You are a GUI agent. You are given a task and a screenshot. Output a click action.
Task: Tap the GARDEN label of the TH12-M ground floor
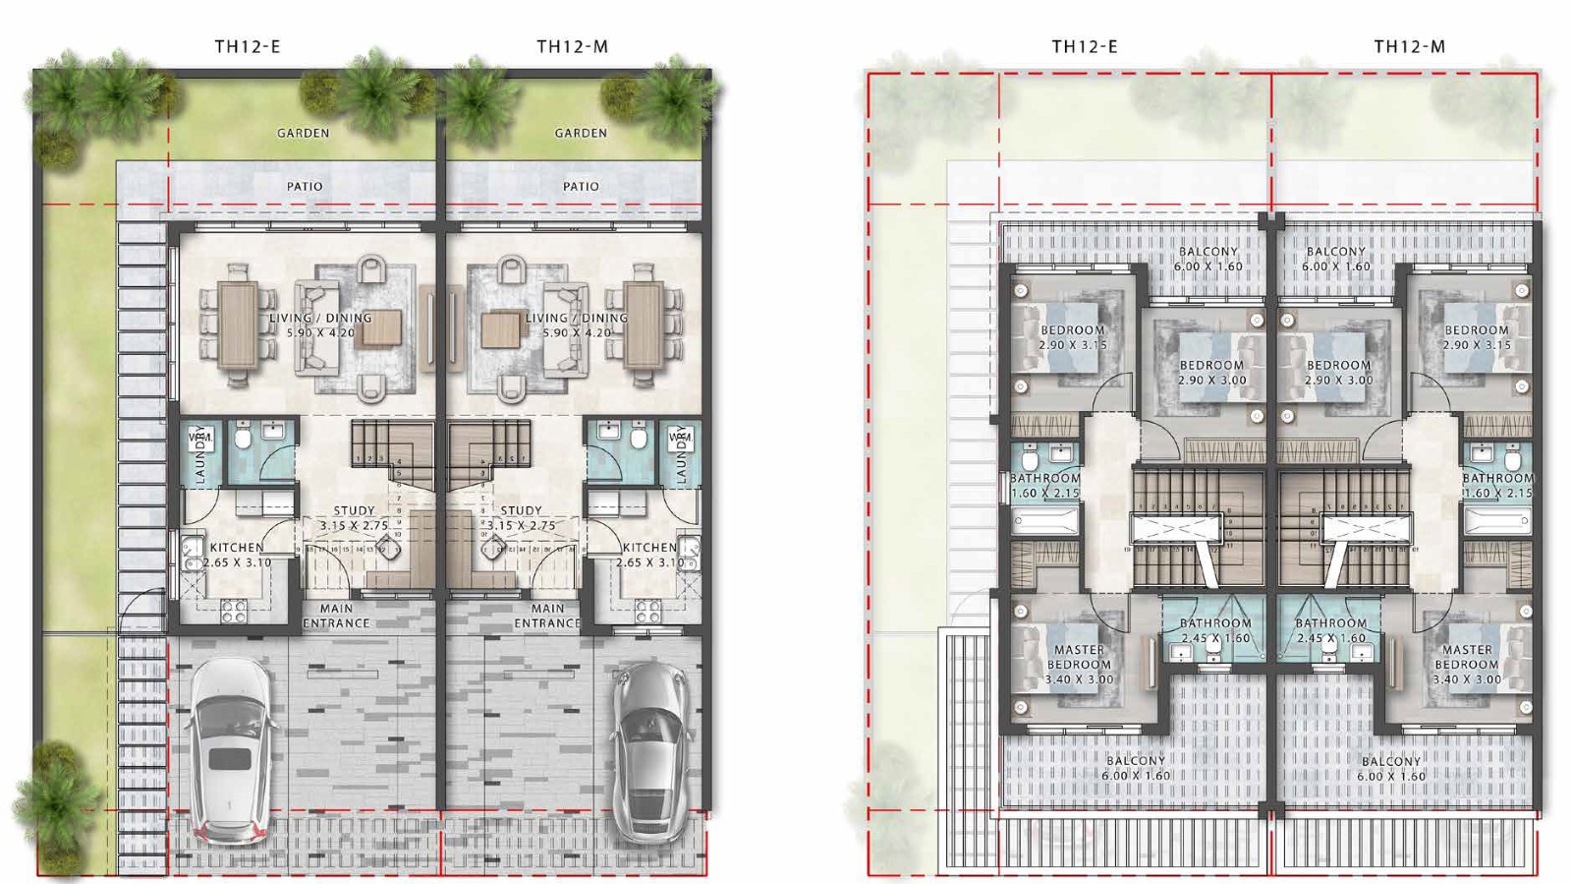click(581, 133)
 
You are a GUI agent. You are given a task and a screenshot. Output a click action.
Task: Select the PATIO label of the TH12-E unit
click(305, 186)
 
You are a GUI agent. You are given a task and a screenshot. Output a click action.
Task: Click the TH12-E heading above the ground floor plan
click(248, 46)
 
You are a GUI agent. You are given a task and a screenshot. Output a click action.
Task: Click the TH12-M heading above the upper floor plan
click(1409, 46)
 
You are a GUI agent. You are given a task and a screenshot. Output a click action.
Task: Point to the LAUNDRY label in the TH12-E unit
click(200, 455)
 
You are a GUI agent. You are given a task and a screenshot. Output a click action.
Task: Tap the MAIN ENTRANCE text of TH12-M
click(547, 616)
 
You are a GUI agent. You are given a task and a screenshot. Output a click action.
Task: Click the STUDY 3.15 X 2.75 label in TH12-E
click(354, 518)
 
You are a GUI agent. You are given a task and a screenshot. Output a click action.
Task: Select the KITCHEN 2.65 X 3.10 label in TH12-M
click(649, 555)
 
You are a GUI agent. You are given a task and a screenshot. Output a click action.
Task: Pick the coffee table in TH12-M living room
click(500, 330)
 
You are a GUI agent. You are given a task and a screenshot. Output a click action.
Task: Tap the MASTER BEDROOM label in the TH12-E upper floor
click(1079, 664)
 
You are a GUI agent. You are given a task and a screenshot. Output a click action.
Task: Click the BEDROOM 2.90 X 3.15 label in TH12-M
click(1476, 337)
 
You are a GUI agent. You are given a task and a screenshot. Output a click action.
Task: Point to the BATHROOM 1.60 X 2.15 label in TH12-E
click(1045, 485)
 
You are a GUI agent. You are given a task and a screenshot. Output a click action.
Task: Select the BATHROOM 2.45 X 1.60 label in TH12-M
click(1330, 630)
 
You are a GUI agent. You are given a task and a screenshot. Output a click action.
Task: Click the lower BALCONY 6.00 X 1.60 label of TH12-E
click(1135, 768)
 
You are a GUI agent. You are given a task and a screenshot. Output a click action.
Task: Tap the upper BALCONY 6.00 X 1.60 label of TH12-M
click(1335, 259)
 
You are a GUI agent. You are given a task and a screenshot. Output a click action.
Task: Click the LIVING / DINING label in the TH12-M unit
click(577, 324)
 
